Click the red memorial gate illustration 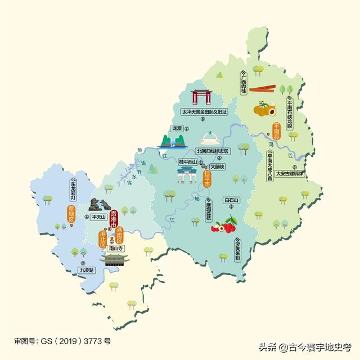pyautogui.click(x=201, y=97)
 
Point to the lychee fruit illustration pyautogui.click(x=224, y=225)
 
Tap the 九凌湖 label pyautogui.click(x=87, y=271)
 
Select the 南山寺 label pyautogui.click(x=115, y=247)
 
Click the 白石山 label pyautogui.click(x=231, y=200)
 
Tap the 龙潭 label pyautogui.click(x=177, y=128)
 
